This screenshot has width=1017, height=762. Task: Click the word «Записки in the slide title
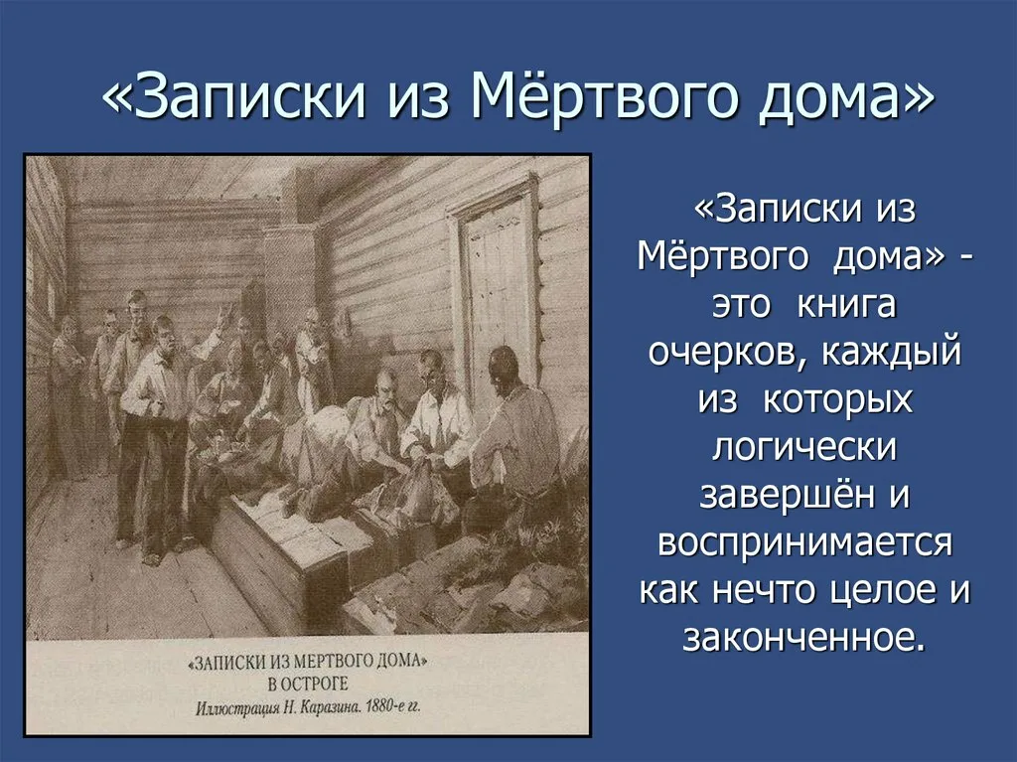(227, 97)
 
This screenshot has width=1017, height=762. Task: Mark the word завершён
(776, 494)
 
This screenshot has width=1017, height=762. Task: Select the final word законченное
(804, 637)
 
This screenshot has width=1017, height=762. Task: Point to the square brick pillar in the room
(288, 278)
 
